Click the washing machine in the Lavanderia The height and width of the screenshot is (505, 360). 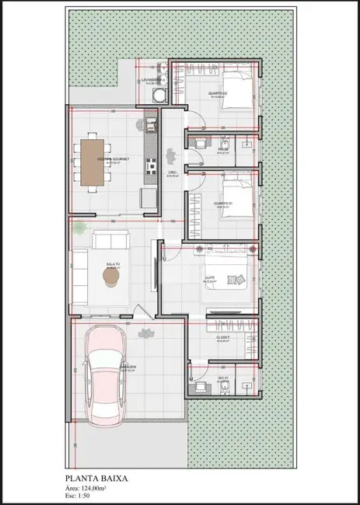click(159, 96)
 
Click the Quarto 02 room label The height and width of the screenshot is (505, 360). click(217, 94)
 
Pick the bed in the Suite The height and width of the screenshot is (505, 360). click(232, 277)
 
